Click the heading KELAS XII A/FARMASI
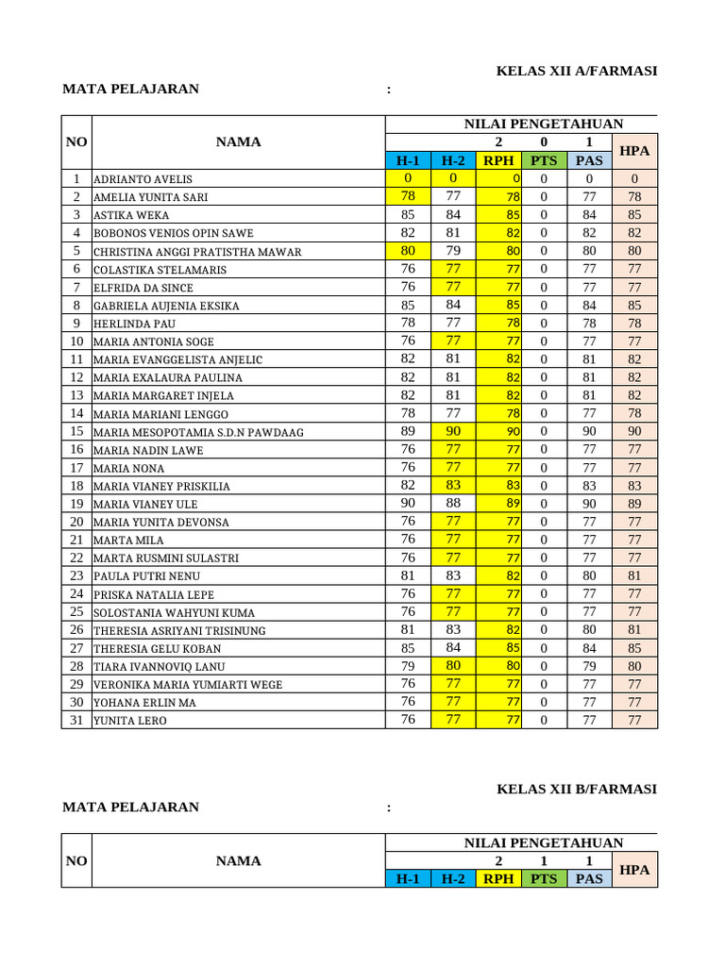click(x=576, y=71)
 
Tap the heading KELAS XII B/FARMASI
click(x=576, y=789)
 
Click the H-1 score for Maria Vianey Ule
click(x=408, y=504)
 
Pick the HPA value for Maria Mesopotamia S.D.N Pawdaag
click(x=634, y=431)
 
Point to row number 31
click(x=76, y=720)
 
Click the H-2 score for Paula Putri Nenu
click(x=453, y=575)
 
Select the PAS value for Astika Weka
click(x=589, y=214)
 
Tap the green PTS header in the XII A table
click(x=544, y=160)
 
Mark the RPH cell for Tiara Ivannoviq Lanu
click(x=499, y=666)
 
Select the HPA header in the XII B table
click(x=634, y=870)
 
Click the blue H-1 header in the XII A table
click(x=408, y=160)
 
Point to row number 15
click(x=76, y=431)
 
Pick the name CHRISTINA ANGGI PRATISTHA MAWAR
click(x=197, y=252)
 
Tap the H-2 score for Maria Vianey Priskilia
click(x=453, y=485)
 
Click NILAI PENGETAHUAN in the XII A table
click(x=544, y=124)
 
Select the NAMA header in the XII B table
click(x=238, y=860)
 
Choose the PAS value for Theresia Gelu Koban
click(x=589, y=648)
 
